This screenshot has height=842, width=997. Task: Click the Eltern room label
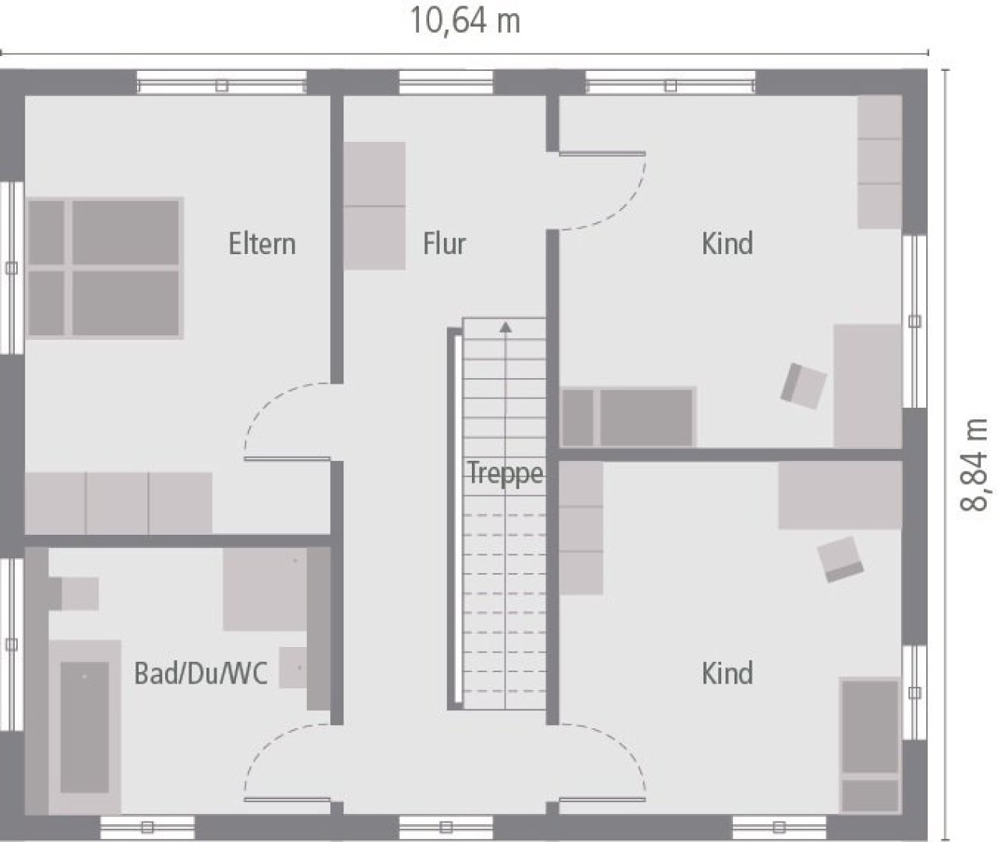pos(262,244)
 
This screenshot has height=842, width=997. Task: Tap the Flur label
pos(444,244)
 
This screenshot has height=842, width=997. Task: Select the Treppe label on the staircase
pos(506,473)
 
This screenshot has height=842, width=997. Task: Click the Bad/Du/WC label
pos(200,674)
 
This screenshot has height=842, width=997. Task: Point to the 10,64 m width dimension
pos(465,22)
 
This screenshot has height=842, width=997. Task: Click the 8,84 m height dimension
pos(973,465)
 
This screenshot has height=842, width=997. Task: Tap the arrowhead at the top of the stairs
pos(506,327)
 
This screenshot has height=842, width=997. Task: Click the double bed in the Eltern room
pos(104,268)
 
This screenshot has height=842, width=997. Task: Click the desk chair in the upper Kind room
pos(804,386)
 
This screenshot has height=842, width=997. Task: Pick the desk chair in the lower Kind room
pos(840,559)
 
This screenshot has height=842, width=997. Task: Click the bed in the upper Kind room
pos(628,417)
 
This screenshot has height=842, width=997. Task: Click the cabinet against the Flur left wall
pos(375,206)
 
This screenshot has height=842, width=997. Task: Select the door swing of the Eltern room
pos(288,422)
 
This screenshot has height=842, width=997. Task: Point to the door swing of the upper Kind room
pos(603,191)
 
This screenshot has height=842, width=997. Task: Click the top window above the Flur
pos(446,83)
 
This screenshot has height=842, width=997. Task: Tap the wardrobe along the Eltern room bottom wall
pos(118,503)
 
